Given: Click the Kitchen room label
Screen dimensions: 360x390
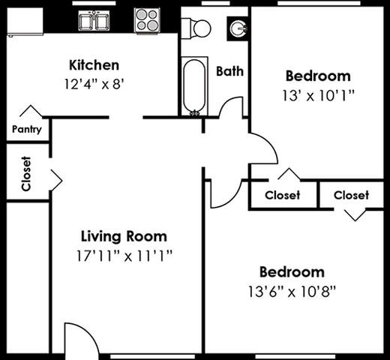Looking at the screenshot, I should pyautogui.click(x=94, y=64).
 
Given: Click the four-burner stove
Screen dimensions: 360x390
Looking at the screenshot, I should pyautogui.click(x=147, y=19).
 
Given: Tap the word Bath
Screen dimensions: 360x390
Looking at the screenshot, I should pyautogui.click(x=229, y=71).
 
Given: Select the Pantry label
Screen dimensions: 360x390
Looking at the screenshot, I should pyautogui.click(x=27, y=129).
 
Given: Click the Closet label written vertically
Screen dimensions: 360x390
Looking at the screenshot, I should pyautogui.click(x=26, y=173).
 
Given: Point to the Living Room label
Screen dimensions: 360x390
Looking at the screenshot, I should pyautogui.click(x=125, y=236).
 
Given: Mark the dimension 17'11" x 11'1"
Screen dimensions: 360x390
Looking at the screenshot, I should pyautogui.click(x=125, y=255).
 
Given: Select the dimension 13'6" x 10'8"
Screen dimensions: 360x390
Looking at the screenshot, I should pyautogui.click(x=292, y=291).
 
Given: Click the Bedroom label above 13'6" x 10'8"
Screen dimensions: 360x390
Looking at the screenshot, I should pyautogui.click(x=292, y=271).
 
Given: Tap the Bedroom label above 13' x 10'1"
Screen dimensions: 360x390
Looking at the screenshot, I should pyautogui.click(x=317, y=76).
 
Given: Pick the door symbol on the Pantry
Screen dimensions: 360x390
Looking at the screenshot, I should pyautogui.click(x=30, y=112).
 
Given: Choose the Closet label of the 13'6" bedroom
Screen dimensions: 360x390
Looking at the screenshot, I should pyautogui.click(x=351, y=195).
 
